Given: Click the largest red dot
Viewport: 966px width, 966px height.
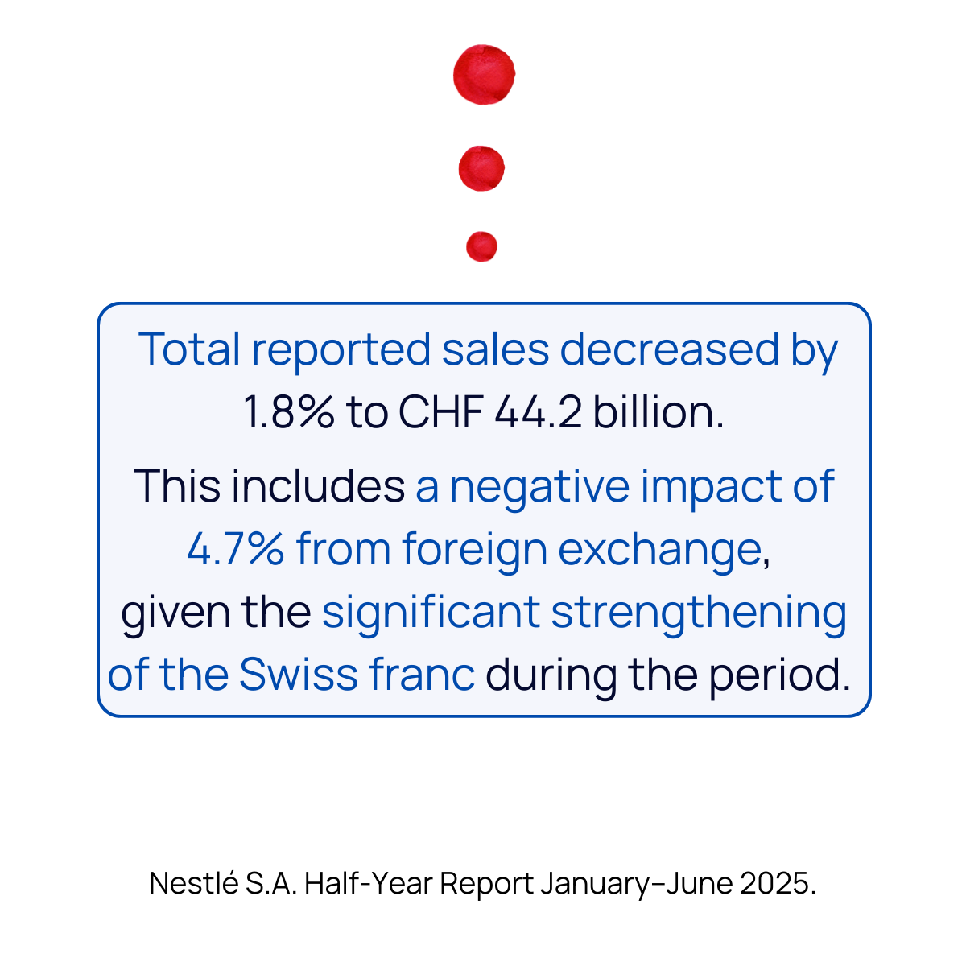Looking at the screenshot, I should tap(484, 75).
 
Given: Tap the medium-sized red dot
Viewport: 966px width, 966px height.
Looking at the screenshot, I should tap(481, 168).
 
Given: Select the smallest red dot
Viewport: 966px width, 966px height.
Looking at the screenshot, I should tap(481, 246).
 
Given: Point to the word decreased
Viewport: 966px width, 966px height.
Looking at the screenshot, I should tap(670, 350).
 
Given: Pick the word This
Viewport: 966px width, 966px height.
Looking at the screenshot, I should tap(177, 486).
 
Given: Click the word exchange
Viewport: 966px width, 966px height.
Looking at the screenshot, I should tap(659, 551).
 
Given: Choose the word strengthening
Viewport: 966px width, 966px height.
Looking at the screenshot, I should tap(699, 613).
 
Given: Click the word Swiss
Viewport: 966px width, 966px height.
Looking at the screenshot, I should tap(297, 675).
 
